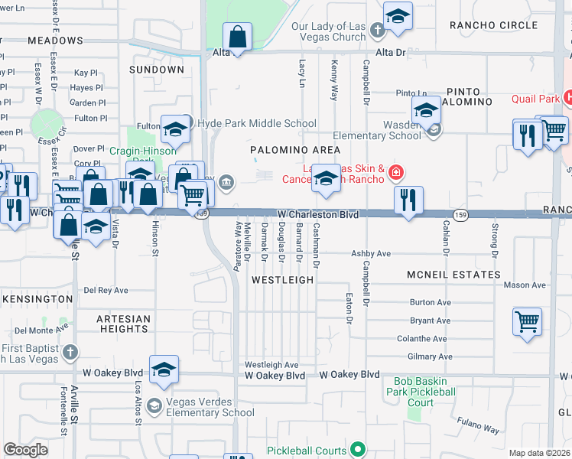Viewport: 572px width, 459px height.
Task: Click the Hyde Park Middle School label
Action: coord(256,123)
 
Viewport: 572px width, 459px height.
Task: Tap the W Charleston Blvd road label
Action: coord(317,216)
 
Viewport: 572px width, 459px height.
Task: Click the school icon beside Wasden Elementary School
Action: coord(426,112)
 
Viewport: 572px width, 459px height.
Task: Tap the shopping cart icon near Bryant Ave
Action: coord(528,321)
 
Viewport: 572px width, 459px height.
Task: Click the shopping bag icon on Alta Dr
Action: coord(238,37)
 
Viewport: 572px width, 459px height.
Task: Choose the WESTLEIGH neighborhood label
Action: coord(283,280)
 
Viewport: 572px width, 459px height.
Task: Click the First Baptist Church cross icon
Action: coord(70,352)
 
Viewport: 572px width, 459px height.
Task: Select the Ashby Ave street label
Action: coord(371,254)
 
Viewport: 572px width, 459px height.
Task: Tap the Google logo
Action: coord(25,450)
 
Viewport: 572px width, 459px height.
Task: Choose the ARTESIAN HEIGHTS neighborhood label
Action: coord(124,324)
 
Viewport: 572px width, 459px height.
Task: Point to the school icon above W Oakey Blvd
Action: coord(164,370)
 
